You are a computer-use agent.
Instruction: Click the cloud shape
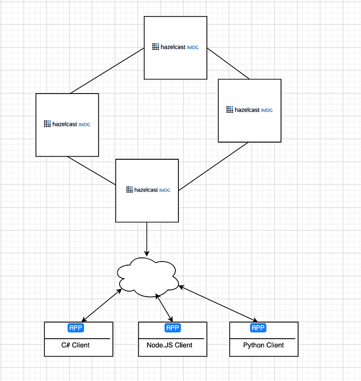[147, 277]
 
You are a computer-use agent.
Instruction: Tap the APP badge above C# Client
[76, 328]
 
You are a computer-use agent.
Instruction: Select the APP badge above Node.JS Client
[173, 328]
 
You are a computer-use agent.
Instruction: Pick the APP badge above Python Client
[258, 328]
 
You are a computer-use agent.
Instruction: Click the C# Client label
[75, 345]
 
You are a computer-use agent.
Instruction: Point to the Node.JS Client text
[170, 345]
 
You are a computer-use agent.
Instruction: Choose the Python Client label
[264, 345]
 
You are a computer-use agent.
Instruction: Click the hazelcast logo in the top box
[175, 47]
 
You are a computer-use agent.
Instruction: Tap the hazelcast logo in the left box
[67, 124]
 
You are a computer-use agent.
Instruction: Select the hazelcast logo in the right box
[249, 110]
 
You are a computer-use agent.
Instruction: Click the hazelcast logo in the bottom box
[148, 190]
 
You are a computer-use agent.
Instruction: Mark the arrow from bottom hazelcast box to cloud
[146, 239]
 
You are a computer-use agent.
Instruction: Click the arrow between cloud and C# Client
[102, 305]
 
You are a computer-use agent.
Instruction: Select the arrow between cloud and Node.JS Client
[164, 308]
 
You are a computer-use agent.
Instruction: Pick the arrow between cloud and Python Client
[218, 304]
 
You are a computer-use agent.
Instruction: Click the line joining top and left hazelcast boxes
[107, 71]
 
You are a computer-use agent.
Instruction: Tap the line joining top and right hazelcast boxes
[228, 64]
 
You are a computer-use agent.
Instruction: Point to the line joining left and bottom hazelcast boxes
[91, 171]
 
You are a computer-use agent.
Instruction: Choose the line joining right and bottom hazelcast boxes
[214, 166]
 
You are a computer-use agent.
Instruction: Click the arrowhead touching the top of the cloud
[146, 254]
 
